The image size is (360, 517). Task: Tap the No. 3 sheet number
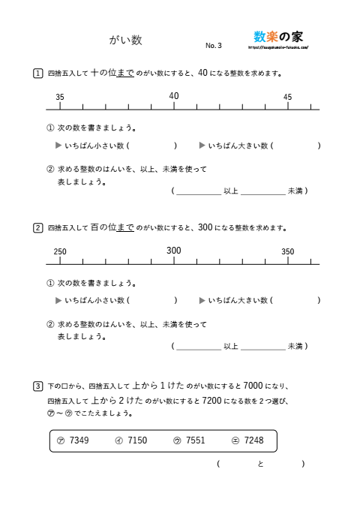click(214, 46)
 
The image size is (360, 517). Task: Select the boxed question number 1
click(37, 74)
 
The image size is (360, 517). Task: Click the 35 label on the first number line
click(60, 98)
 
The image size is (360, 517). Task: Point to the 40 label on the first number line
click(174, 96)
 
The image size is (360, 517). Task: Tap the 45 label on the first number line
click(288, 98)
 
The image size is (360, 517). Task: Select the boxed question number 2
click(37, 227)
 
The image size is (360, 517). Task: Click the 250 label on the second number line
click(61, 252)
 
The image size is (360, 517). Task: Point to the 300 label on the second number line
click(174, 251)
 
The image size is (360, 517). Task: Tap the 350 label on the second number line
click(288, 252)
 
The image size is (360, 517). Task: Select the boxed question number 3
click(37, 386)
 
